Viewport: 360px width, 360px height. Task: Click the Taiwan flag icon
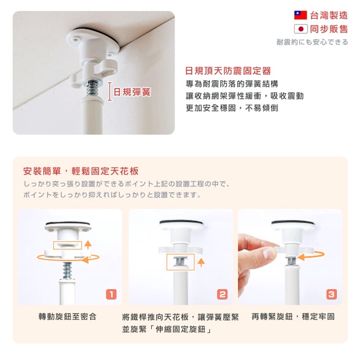pyautogui.click(x=301, y=15)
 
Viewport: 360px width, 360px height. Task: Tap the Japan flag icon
pyautogui.click(x=301, y=29)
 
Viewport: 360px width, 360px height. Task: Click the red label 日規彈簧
pyautogui.click(x=132, y=92)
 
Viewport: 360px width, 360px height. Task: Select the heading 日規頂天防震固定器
pyautogui.click(x=228, y=71)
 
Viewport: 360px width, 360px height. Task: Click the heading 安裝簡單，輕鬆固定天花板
pyautogui.click(x=81, y=171)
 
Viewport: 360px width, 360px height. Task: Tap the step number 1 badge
pyautogui.click(x=111, y=294)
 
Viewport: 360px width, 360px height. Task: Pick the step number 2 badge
pyautogui.click(x=222, y=294)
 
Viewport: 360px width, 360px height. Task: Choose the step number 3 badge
pyautogui.click(x=332, y=294)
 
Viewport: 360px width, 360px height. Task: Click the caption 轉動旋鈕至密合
pyautogui.click(x=68, y=317)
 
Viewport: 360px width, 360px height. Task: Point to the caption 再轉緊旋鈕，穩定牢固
pyautogui.click(x=293, y=317)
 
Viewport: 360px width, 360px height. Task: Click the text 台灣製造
pyautogui.click(x=329, y=16)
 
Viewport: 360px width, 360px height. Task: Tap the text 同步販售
pyautogui.click(x=329, y=29)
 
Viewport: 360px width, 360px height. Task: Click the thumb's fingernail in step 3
pyautogui.click(x=269, y=254)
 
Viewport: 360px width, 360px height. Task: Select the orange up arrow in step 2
pyautogui.click(x=201, y=263)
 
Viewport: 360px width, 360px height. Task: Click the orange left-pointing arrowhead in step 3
pyautogui.click(x=301, y=257)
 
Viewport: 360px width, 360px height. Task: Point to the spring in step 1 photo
pyautogui.click(x=67, y=271)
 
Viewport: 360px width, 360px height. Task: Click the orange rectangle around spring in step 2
pyautogui.click(x=181, y=254)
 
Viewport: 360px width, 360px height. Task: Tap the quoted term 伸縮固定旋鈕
pyautogui.click(x=181, y=329)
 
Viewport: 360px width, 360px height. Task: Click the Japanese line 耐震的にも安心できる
pyautogui.click(x=312, y=42)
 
